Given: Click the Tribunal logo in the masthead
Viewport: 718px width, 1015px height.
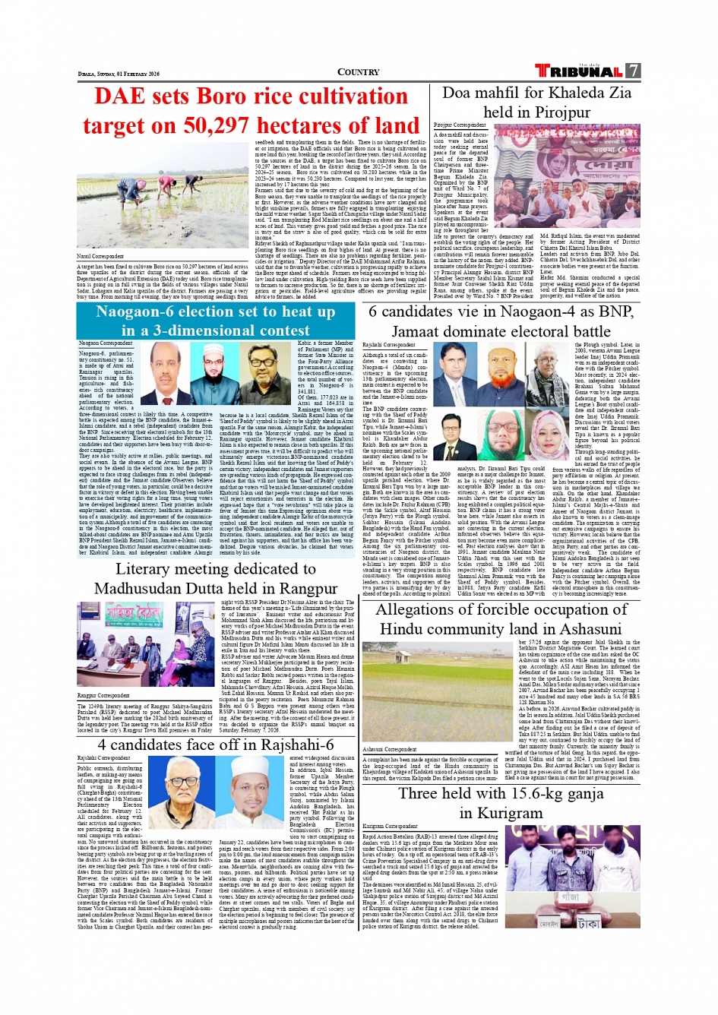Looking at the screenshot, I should (x=578, y=71).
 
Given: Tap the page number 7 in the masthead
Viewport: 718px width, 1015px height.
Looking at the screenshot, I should (x=633, y=71).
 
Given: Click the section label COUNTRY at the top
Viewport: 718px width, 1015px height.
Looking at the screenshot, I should (x=358, y=72).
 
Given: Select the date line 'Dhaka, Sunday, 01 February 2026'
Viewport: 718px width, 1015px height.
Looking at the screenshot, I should (x=119, y=74).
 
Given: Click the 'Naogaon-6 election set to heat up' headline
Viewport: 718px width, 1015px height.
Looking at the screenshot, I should (x=215, y=311).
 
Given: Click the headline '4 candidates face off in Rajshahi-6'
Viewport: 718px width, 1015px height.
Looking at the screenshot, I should (x=215, y=745).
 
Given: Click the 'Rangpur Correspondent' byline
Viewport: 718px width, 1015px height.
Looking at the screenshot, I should (x=103, y=695).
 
